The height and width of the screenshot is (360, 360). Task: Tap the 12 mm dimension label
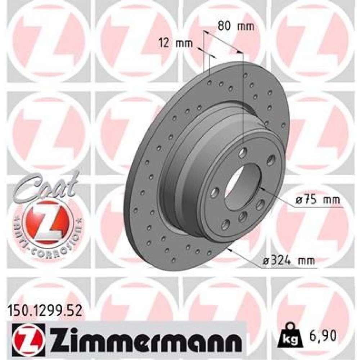point(176,44)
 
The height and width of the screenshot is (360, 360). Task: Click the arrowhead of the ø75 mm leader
point(261,188)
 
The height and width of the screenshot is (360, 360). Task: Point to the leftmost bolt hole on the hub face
point(216,191)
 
